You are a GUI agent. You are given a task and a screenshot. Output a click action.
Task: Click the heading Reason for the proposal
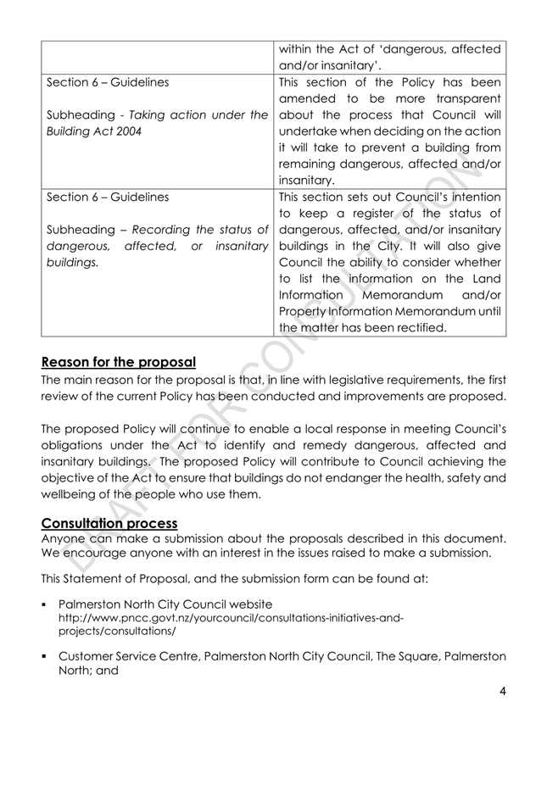[120, 362]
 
